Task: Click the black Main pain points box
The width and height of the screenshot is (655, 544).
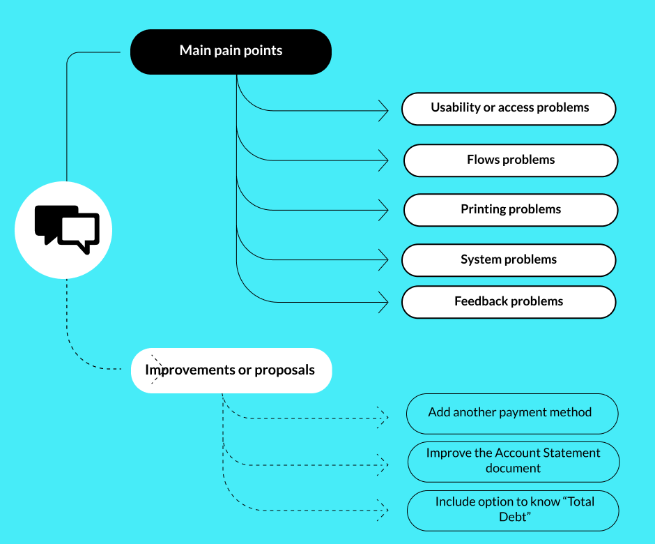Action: click(231, 52)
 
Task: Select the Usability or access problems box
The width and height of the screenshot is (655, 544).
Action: click(509, 109)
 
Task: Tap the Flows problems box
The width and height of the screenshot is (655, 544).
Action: click(510, 160)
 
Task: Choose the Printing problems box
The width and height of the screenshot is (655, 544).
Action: click(510, 210)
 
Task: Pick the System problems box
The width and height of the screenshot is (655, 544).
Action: click(508, 260)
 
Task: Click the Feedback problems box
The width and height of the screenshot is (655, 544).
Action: click(508, 302)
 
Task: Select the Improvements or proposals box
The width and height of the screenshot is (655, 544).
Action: click(231, 370)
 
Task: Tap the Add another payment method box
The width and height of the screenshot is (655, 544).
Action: click(511, 413)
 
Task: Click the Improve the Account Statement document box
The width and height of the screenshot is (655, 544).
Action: click(513, 461)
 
